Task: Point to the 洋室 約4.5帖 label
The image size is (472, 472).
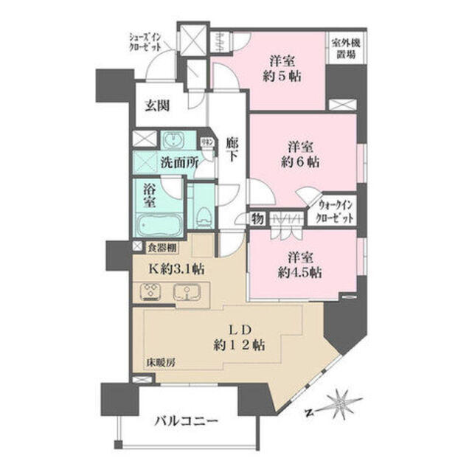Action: pos(302,264)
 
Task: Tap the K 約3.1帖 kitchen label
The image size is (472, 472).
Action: pos(177,269)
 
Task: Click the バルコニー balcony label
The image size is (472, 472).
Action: pos(186,422)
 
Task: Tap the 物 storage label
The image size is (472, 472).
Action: pos(257,218)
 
